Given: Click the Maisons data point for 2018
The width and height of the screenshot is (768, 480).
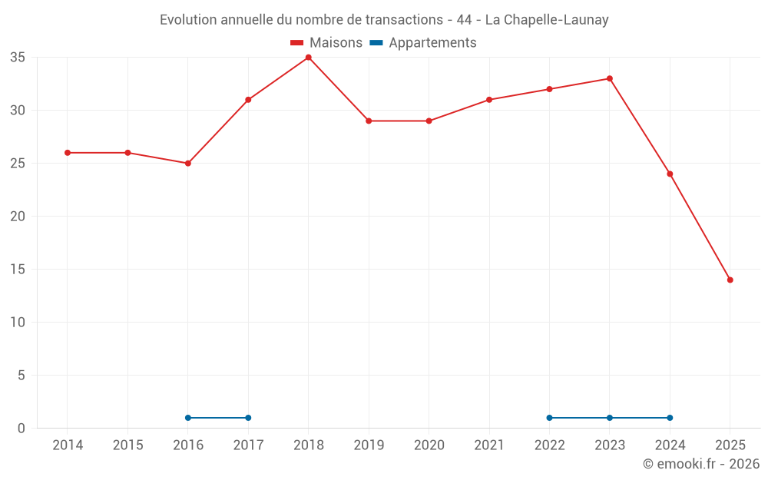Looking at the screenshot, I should pyautogui.click(x=308, y=58).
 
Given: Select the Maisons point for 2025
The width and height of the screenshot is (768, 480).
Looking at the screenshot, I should pyautogui.click(x=730, y=280).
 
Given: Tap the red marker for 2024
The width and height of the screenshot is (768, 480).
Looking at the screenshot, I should pyautogui.click(x=670, y=174).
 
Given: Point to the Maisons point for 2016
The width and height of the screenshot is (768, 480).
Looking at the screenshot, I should pyautogui.click(x=187, y=164).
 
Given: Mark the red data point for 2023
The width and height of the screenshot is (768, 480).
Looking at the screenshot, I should pyautogui.click(x=610, y=78).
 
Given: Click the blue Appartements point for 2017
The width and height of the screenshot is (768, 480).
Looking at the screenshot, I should pyautogui.click(x=248, y=418).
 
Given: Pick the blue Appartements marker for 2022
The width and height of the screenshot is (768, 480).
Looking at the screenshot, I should pyautogui.click(x=549, y=418).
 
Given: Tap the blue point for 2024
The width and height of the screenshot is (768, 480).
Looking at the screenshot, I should pyautogui.click(x=670, y=418).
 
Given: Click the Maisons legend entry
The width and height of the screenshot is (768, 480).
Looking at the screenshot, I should pyautogui.click(x=326, y=43).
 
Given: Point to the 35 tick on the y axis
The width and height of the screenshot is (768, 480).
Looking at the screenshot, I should pyautogui.click(x=18, y=58).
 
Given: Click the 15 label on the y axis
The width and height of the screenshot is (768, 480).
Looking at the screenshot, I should pyautogui.click(x=18, y=270).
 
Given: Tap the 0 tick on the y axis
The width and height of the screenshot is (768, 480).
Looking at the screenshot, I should pyautogui.click(x=22, y=429).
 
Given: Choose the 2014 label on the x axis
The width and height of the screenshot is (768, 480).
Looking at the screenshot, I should pyautogui.click(x=68, y=445).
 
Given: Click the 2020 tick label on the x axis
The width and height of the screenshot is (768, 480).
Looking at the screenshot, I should pyautogui.click(x=429, y=445).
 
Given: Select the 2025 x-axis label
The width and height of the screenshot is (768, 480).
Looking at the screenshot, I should pyautogui.click(x=730, y=445).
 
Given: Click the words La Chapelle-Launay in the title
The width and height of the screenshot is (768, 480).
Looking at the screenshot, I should pyautogui.click(x=547, y=20).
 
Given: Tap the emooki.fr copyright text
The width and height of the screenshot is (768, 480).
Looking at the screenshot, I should pyautogui.click(x=700, y=464).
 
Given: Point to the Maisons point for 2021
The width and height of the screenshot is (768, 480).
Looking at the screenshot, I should pyautogui.click(x=489, y=100).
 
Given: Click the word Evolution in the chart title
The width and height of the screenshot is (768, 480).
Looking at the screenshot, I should pyautogui.click(x=187, y=20).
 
